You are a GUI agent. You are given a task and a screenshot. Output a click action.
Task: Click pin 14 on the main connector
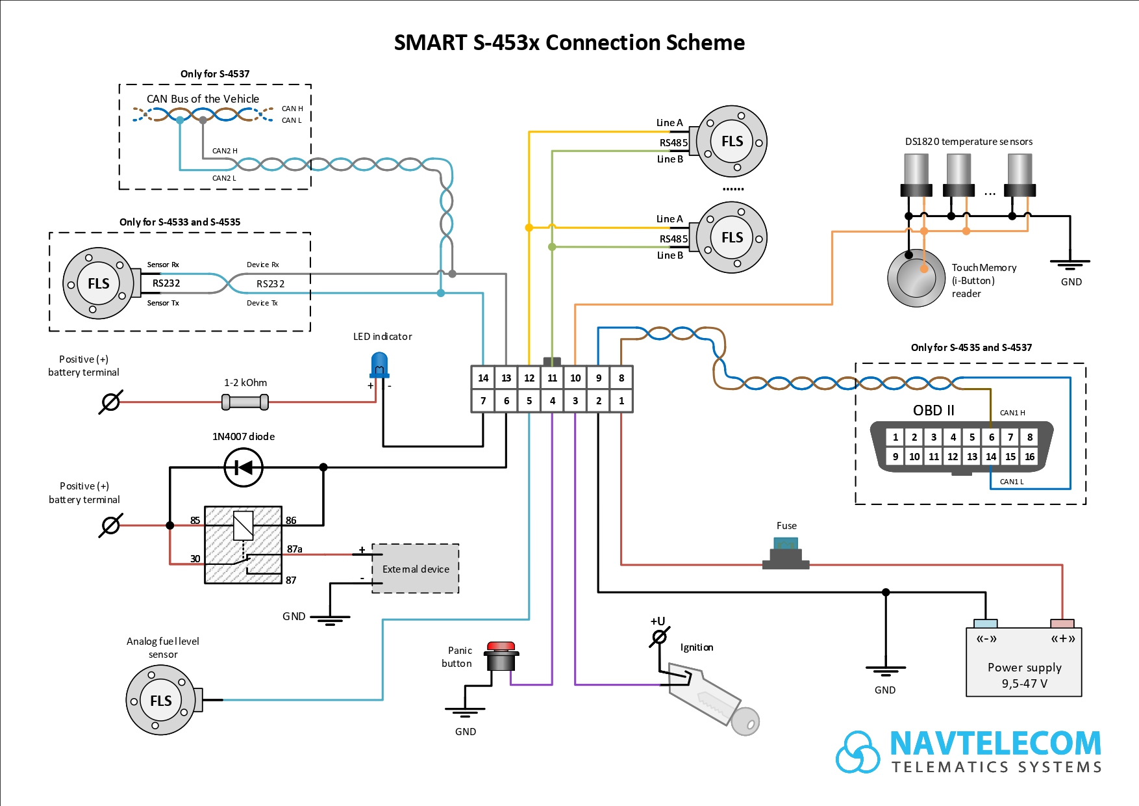tap(483, 378)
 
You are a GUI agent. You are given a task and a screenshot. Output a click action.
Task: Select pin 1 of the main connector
tap(621, 400)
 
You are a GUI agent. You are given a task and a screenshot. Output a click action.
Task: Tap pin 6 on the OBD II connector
tap(991, 437)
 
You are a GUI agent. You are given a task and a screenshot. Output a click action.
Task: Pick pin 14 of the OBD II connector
tap(991, 456)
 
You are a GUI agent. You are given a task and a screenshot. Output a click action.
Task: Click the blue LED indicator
tap(379, 365)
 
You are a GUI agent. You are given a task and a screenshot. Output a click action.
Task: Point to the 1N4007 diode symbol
tap(244, 467)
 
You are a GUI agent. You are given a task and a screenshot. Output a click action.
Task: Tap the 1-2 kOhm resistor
tap(245, 402)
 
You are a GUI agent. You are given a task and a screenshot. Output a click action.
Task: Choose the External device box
tap(416, 569)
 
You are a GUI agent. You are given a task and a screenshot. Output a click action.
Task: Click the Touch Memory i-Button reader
tap(916, 278)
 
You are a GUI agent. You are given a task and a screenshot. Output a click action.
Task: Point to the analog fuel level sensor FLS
tap(161, 700)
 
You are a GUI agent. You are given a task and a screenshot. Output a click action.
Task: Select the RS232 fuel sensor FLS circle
tap(98, 283)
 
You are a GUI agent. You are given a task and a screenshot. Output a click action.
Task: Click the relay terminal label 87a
tap(295, 549)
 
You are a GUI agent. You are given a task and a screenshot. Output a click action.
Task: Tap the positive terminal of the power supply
tap(1062, 624)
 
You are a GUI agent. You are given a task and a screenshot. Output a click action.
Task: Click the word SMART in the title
tap(430, 43)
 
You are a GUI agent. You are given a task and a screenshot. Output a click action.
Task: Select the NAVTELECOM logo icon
tap(858, 752)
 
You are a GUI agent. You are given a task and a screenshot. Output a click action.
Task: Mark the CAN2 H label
tap(225, 151)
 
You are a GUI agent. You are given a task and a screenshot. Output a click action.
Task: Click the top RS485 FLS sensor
tap(732, 141)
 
